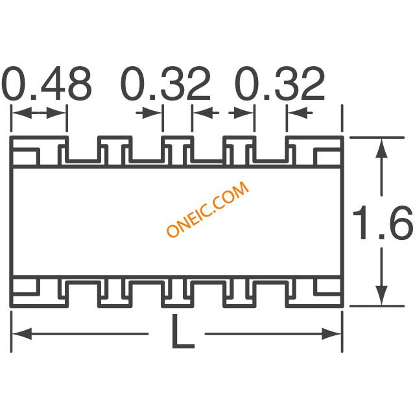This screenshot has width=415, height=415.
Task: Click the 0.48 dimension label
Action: (47, 84)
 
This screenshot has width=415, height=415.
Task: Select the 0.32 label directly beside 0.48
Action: (167, 84)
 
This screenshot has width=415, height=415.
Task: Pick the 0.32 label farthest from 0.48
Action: (279, 84)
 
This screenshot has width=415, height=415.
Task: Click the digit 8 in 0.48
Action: (76, 84)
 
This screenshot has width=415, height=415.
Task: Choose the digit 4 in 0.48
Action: (47, 84)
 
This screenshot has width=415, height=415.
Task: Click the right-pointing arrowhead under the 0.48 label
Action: (59, 113)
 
